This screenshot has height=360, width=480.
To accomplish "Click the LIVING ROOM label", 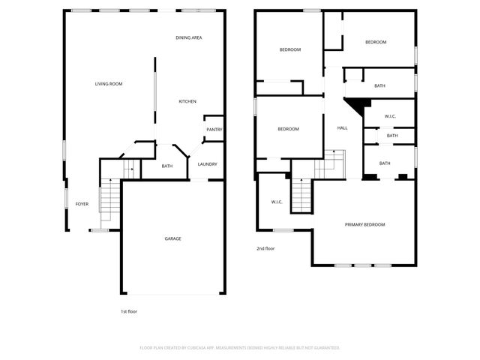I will (108, 84).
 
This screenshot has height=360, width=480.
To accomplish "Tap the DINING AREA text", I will (188, 37).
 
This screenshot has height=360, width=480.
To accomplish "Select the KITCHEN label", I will (187, 102).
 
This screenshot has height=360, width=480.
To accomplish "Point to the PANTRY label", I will (214, 130).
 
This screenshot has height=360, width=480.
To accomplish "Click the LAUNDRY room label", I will (208, 164).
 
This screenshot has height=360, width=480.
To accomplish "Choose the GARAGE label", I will (172, 238).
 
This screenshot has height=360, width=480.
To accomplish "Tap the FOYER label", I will (82, 204).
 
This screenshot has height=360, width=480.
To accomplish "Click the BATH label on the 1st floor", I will (166, 166).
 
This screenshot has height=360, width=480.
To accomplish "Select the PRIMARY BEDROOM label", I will (364, 225).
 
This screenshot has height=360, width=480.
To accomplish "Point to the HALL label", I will (342, 128).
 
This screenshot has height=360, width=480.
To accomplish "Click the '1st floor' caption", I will (129, 311).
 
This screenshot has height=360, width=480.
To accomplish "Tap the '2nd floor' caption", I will (265, 248).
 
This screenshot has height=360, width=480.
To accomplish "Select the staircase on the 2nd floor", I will (301, 197).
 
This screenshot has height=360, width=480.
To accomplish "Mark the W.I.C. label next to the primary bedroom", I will (276, 202).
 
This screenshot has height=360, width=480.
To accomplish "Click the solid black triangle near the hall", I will (362, 106).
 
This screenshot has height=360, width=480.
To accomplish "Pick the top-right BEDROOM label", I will (376, 42).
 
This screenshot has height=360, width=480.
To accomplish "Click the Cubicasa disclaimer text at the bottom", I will (240, 348).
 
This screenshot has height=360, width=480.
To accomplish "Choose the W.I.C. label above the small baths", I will (390, 116).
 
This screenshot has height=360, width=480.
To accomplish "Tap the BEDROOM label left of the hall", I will (288, 129).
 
